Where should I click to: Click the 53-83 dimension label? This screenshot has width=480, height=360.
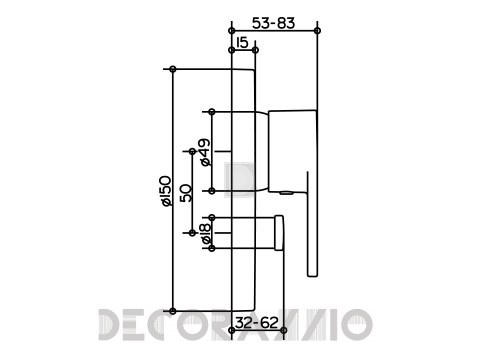[x=273, y=23]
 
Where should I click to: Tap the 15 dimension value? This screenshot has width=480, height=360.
[x=242, y=43]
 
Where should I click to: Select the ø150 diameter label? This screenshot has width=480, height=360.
[x=166, y=191]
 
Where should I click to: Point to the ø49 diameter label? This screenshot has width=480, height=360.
[x=205, y=152]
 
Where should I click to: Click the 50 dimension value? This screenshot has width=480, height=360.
[x=186, y=193]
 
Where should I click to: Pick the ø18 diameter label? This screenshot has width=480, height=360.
[x=205, y=233]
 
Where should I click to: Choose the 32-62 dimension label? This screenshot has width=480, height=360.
[x=257, y=323]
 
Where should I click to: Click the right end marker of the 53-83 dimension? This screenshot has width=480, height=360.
[x=317, y=31]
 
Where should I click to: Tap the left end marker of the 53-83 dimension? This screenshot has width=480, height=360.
[x=231, y=31]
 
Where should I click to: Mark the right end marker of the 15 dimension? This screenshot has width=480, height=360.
[x=255, y=50]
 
